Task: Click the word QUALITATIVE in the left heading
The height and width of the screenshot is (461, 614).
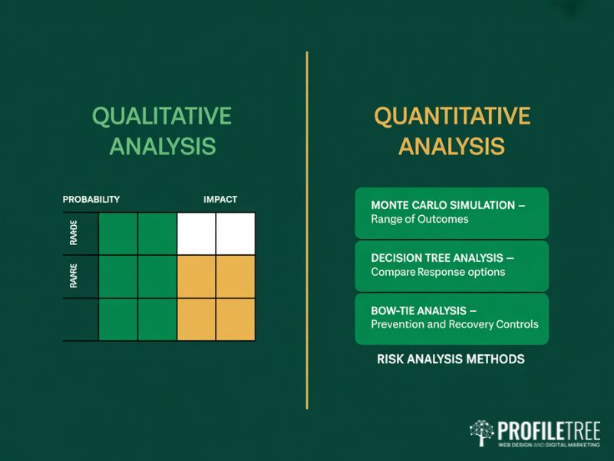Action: point(161,116)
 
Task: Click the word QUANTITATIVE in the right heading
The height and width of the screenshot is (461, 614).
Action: point(451,116)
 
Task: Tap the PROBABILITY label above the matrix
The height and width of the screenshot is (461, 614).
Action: point(91,199)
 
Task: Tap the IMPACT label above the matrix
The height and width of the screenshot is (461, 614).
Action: point(220,199)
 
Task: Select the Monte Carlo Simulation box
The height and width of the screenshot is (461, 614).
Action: point(451,213)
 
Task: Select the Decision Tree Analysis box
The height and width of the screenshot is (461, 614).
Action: point(451,265)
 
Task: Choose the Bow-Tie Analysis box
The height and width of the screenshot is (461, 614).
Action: point(451,318)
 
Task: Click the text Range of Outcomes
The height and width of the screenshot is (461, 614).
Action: point(419,220)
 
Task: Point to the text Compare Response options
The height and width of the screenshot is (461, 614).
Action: point(437,272)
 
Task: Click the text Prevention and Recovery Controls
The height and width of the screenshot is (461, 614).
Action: point(454,324)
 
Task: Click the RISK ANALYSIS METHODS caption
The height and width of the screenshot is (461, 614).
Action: point(451,359)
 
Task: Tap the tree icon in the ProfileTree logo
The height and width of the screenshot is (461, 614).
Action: point(481,433)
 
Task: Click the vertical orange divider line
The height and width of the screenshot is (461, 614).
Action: point(307,230)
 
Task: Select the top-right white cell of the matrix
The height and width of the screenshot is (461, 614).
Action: point(236,234)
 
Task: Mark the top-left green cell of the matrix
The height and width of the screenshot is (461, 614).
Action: point(118,234)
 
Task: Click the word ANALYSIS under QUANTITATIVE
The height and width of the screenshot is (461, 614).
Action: point(451,146)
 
